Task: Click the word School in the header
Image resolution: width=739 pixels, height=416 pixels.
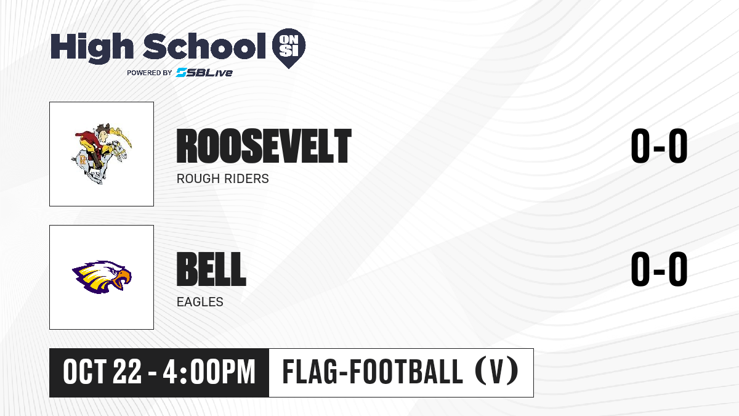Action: (x=204, y=46)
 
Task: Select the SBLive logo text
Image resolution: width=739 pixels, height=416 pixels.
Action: (x=204, y=73)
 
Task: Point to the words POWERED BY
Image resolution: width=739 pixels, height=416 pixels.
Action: (x=150, y=73)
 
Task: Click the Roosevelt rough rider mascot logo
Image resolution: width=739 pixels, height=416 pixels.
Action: (x=102, y=154)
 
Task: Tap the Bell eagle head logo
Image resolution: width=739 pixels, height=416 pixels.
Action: (x=102, y=277)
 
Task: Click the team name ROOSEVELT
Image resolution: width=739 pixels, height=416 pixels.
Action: (x=264, y=146)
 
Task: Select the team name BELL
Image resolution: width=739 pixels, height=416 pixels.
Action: (x=211, y=269)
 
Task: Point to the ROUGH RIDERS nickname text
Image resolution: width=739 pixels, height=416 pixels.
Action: (x=223, y=179)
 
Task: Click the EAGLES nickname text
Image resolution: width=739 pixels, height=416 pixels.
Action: (x=200, y=302)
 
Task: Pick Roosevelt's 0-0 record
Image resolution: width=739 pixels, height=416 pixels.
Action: (x=659, y=146)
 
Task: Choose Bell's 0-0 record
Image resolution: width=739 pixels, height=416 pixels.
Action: (x=659, y=269)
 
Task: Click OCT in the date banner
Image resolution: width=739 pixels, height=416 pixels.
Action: (x=84, y=372)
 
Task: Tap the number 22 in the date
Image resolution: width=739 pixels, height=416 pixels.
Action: (x=127, y=372)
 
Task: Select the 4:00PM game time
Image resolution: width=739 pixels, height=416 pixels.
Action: (x=209, y=372)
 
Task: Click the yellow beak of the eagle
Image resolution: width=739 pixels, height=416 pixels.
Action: (x=123, y=279)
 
